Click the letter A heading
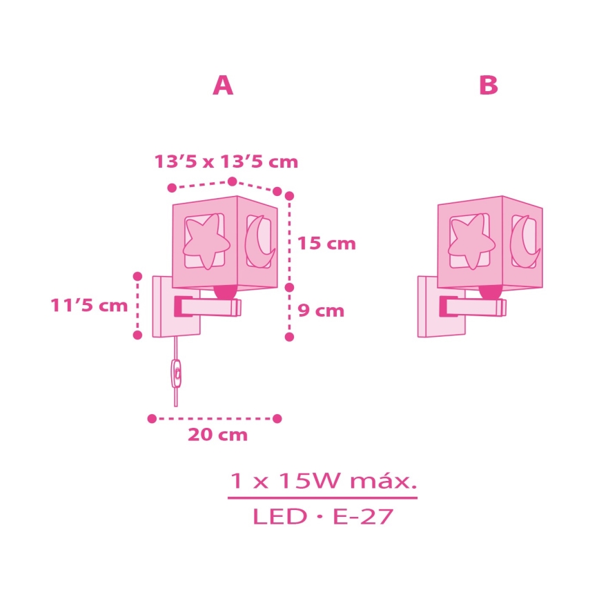(223, 85)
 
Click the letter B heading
(488, 85)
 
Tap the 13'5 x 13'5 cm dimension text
(226, 161)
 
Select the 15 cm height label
(326, 244)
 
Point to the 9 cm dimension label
(321, 311)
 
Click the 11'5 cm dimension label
(89, 305)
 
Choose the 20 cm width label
(218, 435)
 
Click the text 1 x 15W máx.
(323, 480)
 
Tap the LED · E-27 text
(323, 516)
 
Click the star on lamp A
(206, 242)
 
